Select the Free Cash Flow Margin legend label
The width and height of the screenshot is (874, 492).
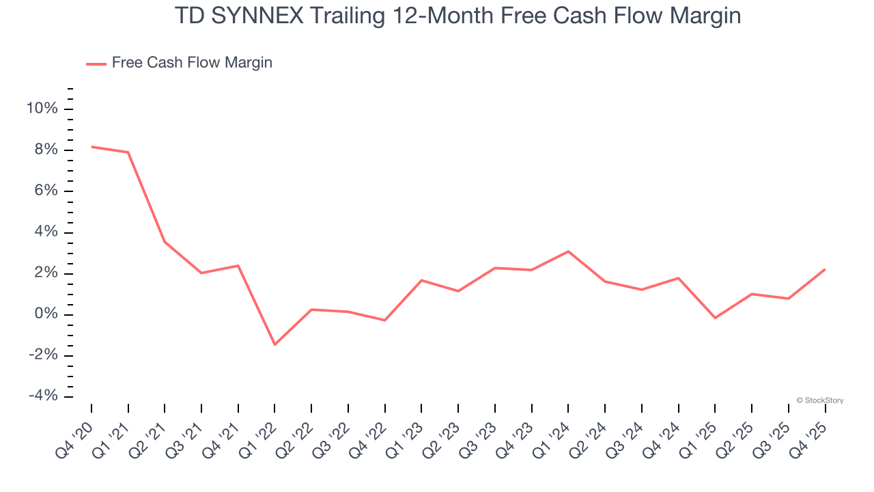click(x=192, y=63)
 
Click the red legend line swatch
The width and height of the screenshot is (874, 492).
click(x=96, y=64)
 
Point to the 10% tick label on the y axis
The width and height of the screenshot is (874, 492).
click(x=42, y=109)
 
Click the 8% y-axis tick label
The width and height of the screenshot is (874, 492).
click(x=46, y=150)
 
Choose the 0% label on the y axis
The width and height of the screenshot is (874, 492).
click(x=46, y=314)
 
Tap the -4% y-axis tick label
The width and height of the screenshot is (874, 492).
click(x=43, y=396)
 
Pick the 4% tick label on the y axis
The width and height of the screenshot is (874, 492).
click(x=46, y=232)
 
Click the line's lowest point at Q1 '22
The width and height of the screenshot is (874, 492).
click(x=274, y=344)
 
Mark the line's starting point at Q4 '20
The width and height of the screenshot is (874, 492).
click(x=91, y=146)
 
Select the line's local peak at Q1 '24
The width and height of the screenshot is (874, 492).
click(x=568, y=251)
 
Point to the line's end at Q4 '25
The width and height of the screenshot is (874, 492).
click(x=825, y=269)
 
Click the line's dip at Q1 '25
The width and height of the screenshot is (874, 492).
click(x=715, y=318)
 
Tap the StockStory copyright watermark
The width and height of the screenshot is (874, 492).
click(x=819, y=400)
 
